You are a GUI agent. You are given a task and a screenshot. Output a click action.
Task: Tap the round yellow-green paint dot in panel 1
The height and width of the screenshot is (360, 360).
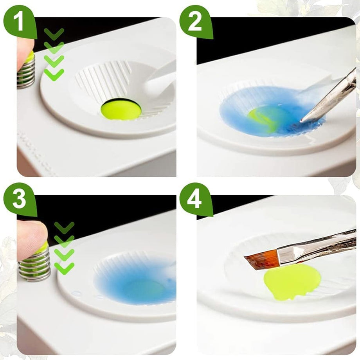click(121, 109)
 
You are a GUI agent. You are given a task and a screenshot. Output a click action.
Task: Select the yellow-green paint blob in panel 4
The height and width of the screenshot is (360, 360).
click(292, 281)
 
